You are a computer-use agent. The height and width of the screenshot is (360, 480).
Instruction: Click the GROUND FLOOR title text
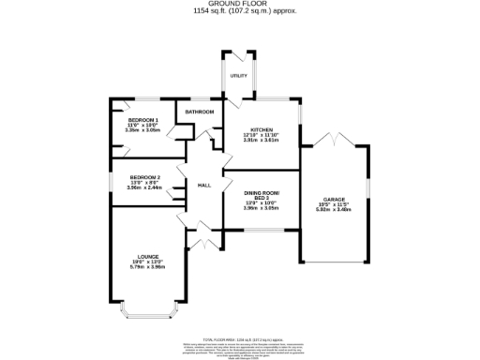tap(239, 5)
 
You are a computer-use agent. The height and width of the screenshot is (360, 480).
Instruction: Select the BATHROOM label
tap(199, 112)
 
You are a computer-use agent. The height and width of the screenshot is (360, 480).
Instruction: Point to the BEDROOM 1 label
tap(142, 120)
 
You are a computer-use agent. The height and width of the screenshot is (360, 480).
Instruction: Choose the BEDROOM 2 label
tap(144, 177)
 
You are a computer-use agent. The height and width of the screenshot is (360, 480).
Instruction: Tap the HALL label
tap(204, 186)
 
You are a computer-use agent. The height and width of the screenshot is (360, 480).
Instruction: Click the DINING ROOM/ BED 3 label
tap(262, 196)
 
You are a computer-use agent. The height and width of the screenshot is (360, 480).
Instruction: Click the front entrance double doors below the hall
tap(199, 239)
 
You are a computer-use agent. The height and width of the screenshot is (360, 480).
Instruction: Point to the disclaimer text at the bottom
tap(239, 347)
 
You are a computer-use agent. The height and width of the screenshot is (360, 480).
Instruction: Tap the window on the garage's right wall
tap(368, 193)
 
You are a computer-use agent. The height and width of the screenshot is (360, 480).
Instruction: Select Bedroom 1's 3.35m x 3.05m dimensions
tap(142, 131)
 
